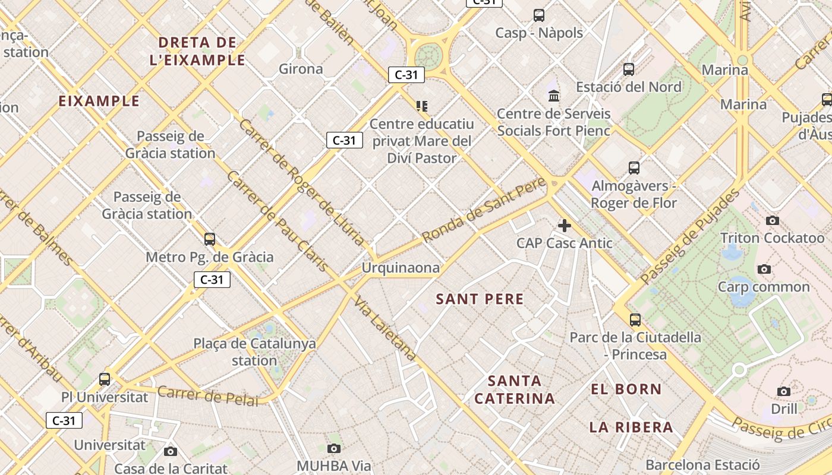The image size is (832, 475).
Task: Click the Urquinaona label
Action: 401,268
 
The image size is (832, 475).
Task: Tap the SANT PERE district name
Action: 480,299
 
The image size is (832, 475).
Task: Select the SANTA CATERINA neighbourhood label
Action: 515,389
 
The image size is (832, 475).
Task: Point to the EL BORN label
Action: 626,389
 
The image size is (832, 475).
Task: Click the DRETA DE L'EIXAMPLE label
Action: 197,51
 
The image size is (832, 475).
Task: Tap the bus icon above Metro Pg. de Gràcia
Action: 209,239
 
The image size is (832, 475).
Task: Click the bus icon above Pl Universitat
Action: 105,379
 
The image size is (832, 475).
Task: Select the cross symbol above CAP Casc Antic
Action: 565,226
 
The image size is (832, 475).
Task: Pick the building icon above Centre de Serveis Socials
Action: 554,96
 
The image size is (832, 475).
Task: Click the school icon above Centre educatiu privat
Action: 422,106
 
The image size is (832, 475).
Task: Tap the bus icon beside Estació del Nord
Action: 629,69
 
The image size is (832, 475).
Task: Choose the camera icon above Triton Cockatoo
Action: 772,221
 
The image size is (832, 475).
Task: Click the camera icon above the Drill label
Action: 784,391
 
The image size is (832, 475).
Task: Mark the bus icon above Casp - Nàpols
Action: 539,15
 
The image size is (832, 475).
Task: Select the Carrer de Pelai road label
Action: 208,395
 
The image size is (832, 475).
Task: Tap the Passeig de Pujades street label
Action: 691,236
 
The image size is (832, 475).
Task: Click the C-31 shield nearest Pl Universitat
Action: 64,420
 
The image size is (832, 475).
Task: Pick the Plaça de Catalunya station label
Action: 254,351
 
